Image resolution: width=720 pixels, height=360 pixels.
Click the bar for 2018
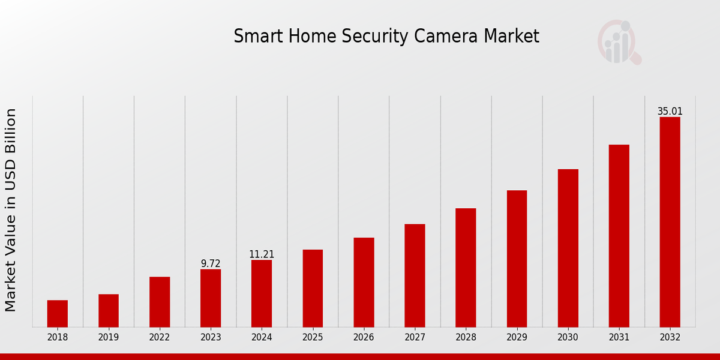point(58,313)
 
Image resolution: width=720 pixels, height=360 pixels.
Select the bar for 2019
point(109,310)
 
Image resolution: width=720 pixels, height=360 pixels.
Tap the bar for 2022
point(160,302)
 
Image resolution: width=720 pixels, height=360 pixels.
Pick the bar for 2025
point(313,288)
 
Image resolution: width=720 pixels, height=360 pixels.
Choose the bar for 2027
point(415,275)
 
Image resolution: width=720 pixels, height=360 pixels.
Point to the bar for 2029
point(517,259)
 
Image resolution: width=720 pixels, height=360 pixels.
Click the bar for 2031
point(619,236)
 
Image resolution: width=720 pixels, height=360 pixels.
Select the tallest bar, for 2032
point(670,222)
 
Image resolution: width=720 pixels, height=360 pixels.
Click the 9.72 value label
point(211,263)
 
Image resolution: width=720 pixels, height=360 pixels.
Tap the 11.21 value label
point(262,254)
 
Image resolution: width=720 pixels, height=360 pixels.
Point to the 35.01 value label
point(670,112)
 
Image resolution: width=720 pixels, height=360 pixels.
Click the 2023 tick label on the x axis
point(211,338)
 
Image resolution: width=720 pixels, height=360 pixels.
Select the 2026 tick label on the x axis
point(364,338)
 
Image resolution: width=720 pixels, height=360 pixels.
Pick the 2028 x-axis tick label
point(466,338)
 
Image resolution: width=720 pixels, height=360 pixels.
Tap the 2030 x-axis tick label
point(568,338)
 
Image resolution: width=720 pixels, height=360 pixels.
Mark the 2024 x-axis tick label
point(262,338)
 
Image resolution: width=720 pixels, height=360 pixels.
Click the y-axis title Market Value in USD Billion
point(11,210)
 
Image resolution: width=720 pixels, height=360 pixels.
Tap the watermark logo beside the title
point(619,42)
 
